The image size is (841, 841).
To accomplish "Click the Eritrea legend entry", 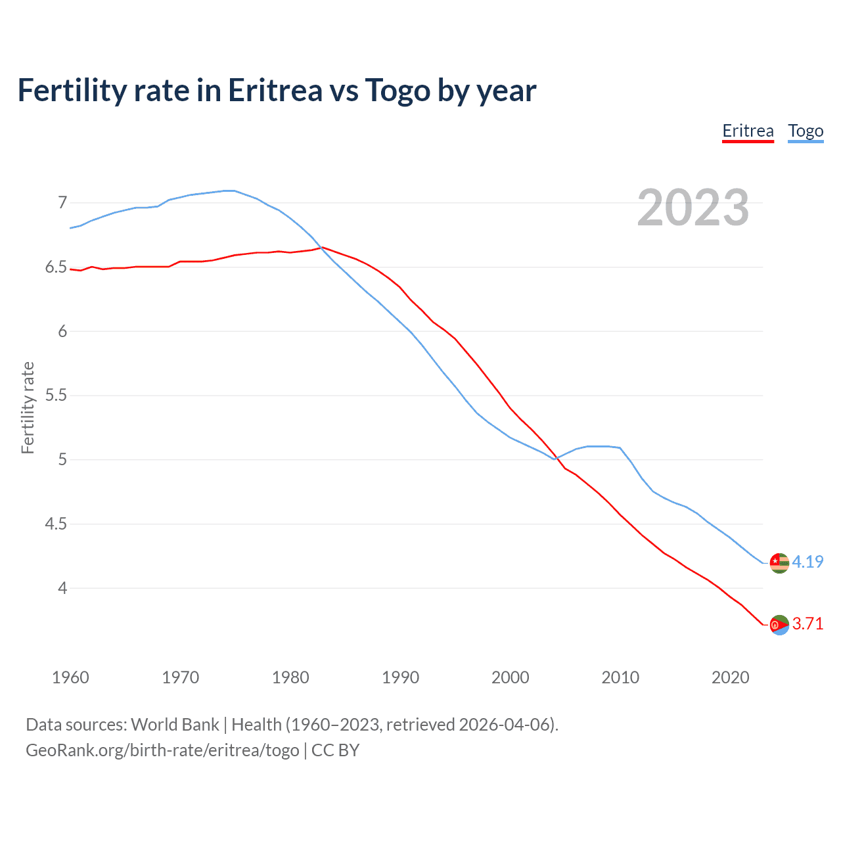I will pyautogui.click(x=748, y=131).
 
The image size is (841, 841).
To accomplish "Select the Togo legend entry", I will pyautogui.click(x=806, y=131).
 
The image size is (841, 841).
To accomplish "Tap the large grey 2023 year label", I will pyautogui.click(x=693, y=208).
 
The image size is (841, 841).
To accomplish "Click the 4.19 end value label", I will pyautogui.click(x=807, y=562).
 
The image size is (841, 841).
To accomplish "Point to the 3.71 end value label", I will pyautogui.click(x=807, y=624).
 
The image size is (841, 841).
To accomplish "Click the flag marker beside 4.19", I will pyautogui.click(x=779, y=563).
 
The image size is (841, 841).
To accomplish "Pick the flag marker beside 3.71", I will pyautogui.click(x=779, y=625).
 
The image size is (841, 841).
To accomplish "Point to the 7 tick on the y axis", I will pyautogui.click(x=62, y=202).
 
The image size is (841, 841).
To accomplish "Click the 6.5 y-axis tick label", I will pyautogui.click(x=56, y=267).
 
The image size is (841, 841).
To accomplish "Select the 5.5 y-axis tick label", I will pyautogui.click(x=56, y=396).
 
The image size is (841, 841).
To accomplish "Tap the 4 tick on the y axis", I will pyautogui.click(x=62, y=588).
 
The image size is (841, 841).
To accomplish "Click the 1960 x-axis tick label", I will pyautogui.click(x=70, y=677).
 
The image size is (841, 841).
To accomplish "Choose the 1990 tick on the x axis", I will pyautogui.click(x=400, y=677).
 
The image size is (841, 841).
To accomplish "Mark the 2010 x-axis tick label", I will pyautogui.click(x=620, y=677).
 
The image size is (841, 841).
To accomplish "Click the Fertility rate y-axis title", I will pyautogui.click(x=28, y=407).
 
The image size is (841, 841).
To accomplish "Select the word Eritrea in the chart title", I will pyautogui.click(x=275, y=91).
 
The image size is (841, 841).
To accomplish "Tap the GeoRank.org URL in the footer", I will pyautogui.click(x=162, y=750).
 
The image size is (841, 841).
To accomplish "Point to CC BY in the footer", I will pyautogui.click(x=335, y=750).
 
